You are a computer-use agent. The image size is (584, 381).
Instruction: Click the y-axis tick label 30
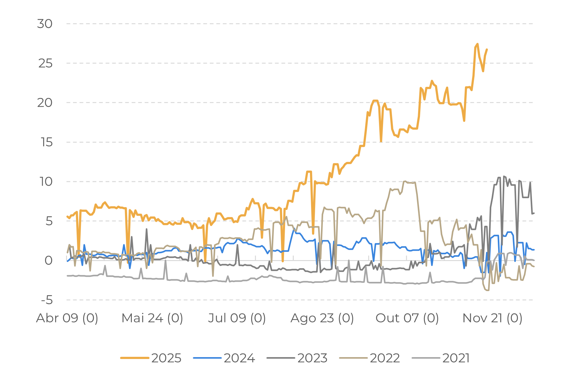click(45, 24)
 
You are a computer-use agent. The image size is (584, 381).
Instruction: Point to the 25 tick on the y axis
click(45, 64)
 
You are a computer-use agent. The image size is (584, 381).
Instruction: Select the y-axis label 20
click(45, 103)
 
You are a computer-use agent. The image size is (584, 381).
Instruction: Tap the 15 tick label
click(47, 142)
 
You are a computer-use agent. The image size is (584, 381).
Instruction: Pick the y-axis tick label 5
click(49, 221)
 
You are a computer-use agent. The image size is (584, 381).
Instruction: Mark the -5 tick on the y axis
click(47, 300)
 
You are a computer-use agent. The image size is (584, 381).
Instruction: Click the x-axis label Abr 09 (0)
click(67, 318)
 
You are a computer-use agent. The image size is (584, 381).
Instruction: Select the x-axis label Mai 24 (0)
click(152, 318)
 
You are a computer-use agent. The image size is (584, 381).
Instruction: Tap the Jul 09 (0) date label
click(237, 318)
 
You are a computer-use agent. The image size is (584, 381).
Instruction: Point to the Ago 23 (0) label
click(322, 318)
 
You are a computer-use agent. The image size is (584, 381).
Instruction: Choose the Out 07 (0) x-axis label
click(407, 318)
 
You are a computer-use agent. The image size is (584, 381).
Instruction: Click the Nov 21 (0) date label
click(492, 318)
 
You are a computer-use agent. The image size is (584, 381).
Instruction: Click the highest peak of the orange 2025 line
click(477, 44)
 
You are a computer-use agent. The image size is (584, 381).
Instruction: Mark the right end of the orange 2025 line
click(487, 49)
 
